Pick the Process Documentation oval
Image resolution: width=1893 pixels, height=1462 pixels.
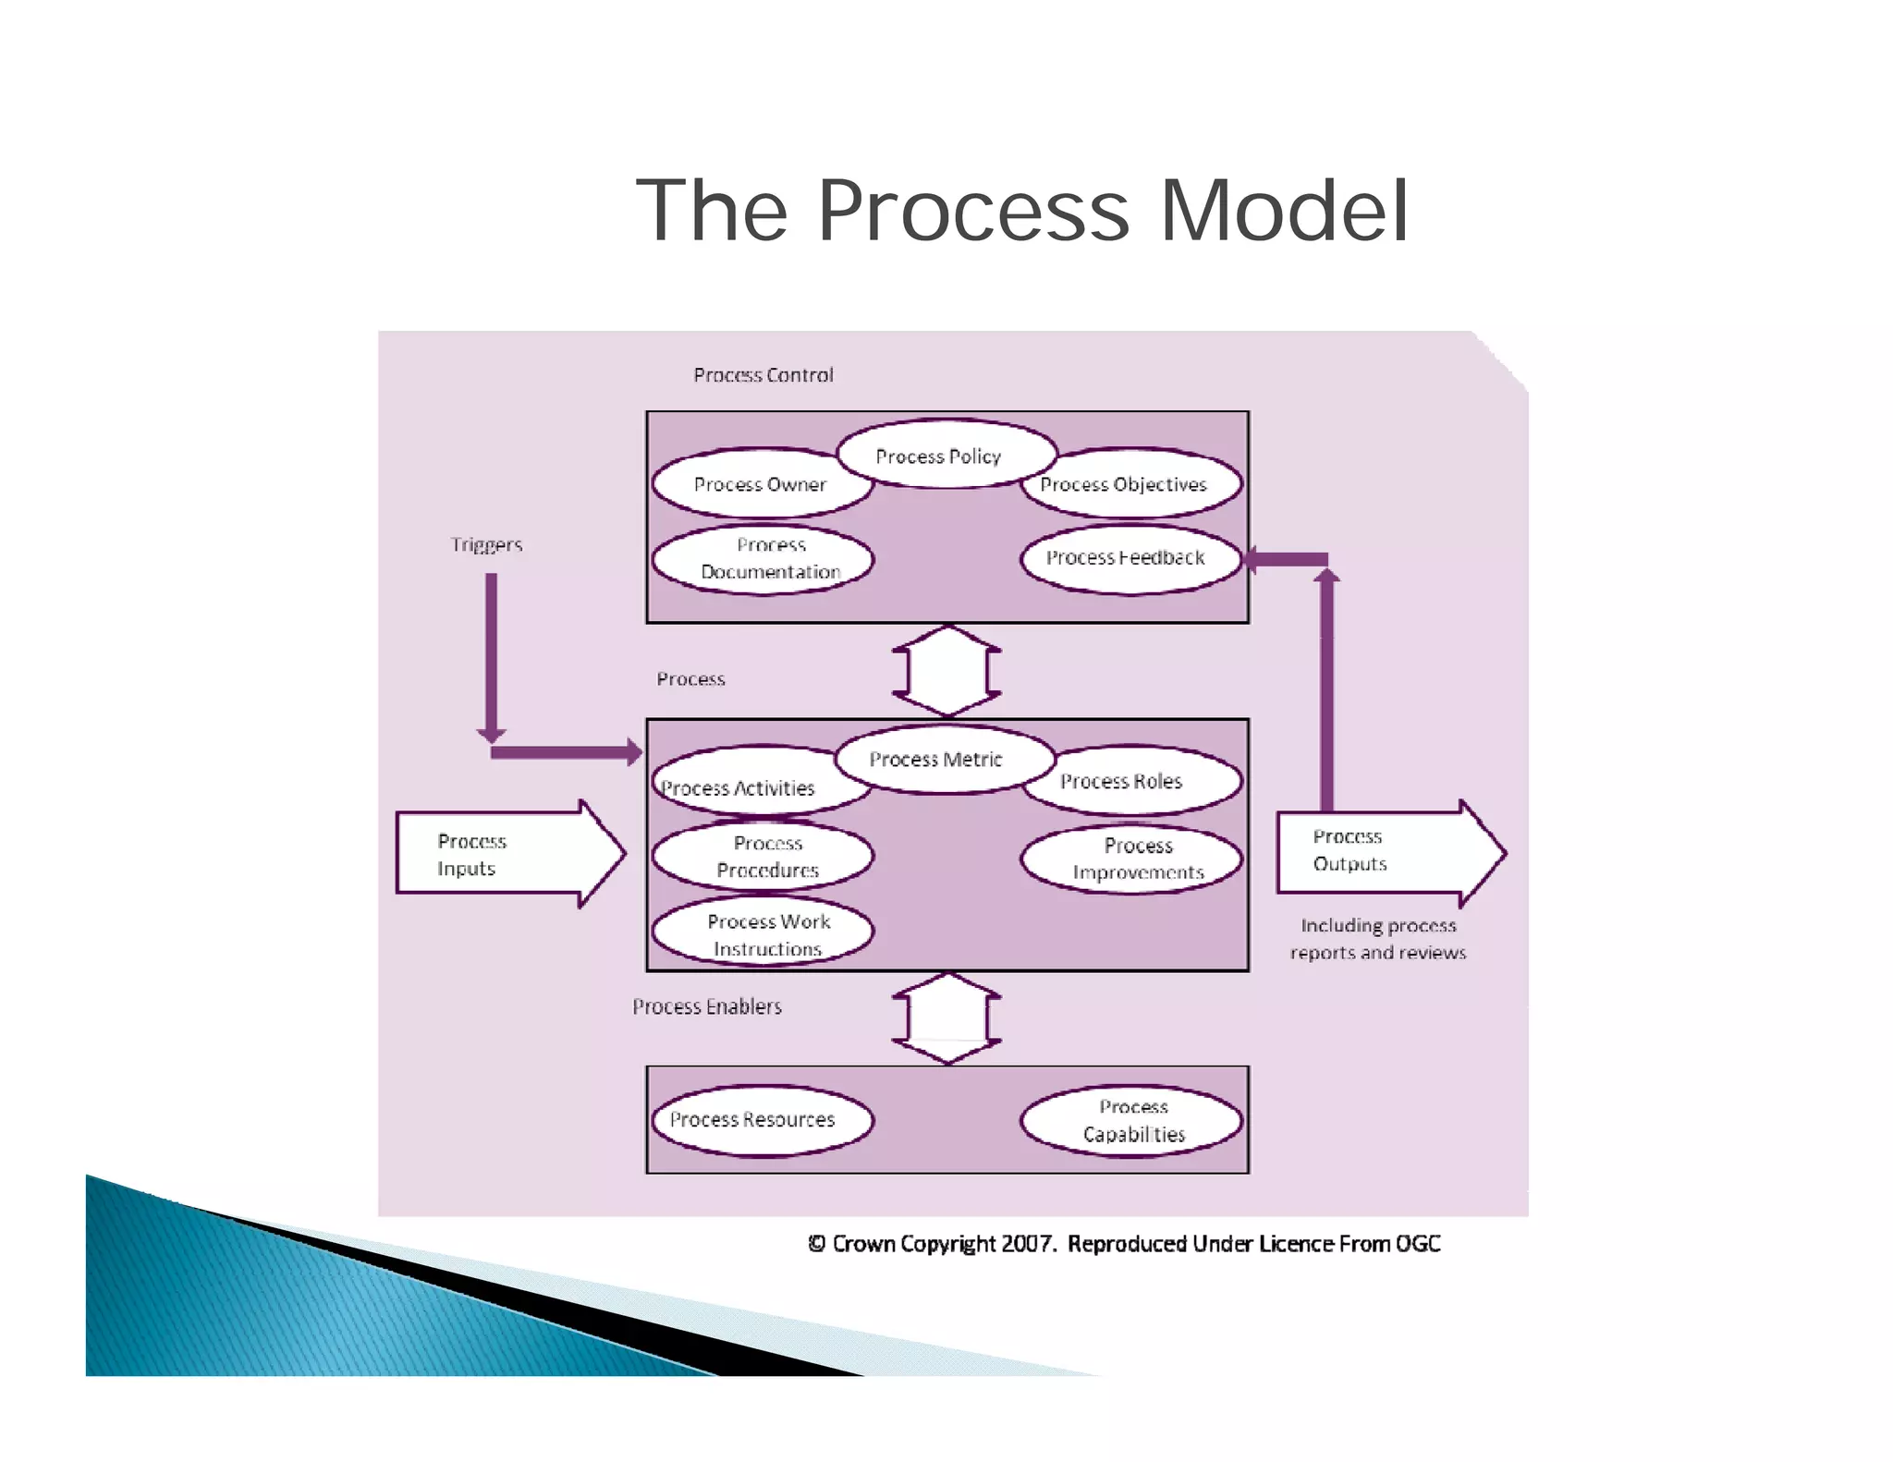(x=763, y=558)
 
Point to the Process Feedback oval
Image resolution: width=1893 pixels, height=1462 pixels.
(x=1130, y=557)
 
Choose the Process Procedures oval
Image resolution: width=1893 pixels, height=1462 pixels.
(x=763, y=856)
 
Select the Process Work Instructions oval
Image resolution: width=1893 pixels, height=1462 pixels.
(x=763, y=933)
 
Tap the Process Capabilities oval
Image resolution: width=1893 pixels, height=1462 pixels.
(x=1131, y=1119)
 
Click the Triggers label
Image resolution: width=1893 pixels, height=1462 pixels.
(x=486, y=545)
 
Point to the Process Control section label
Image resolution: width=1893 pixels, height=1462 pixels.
(x=763, y=375)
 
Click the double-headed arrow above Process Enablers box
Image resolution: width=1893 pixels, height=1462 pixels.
(x=946, y=1018)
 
